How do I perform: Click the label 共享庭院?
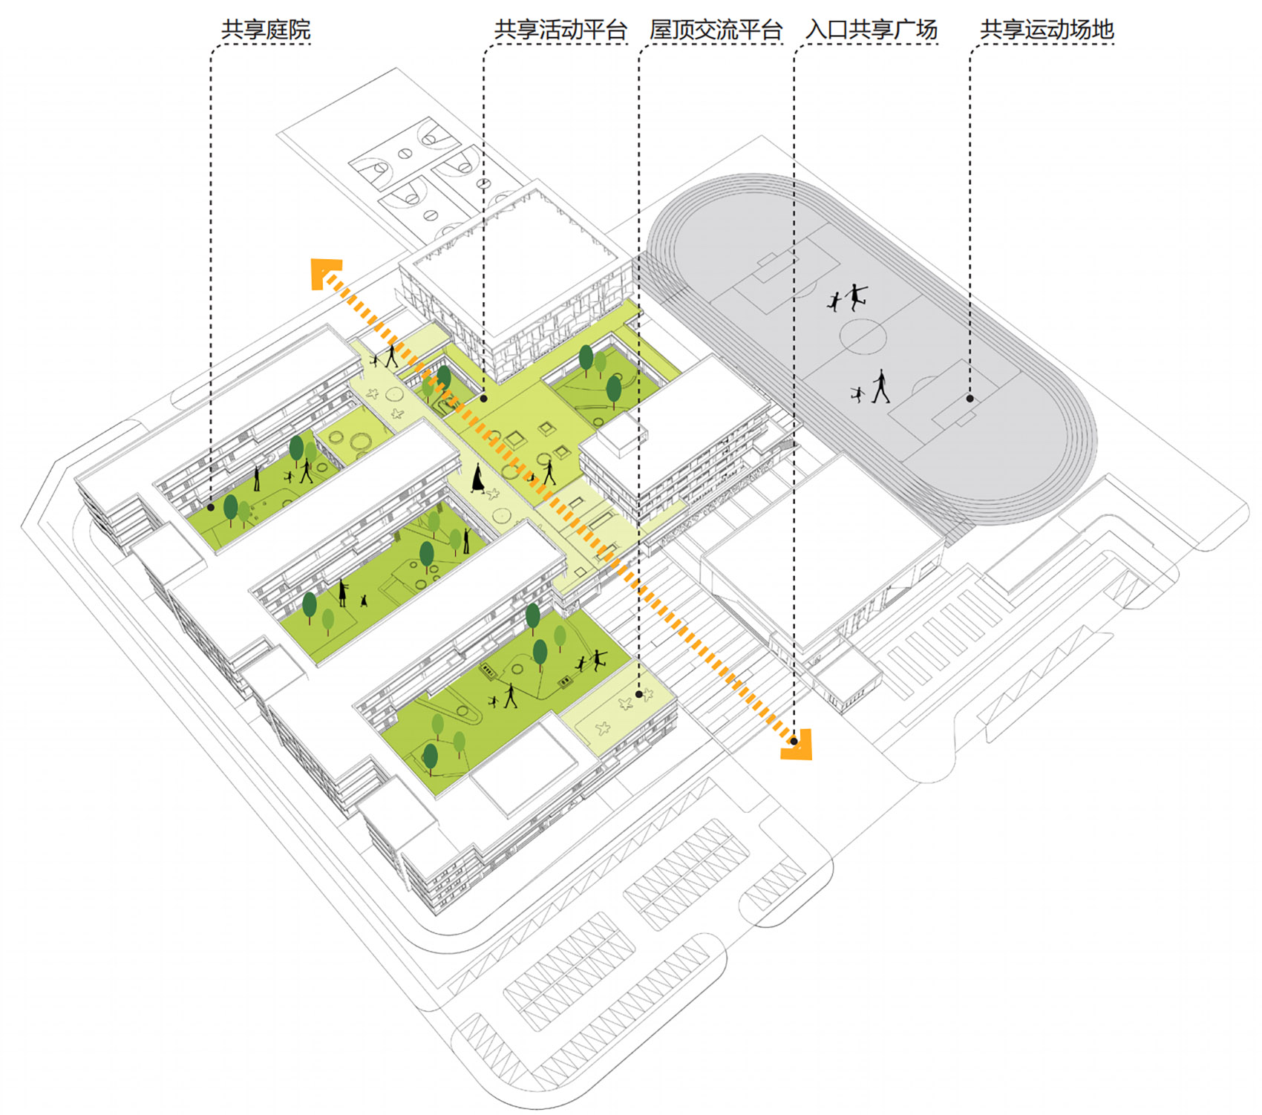tap(266, 30)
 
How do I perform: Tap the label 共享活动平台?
tap(560, 30)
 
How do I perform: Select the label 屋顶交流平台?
tap(716, 30)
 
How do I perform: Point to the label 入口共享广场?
tap(872, 30)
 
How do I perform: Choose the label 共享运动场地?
tap(1047, 30)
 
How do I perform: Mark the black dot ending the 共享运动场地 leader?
tap(970, 399)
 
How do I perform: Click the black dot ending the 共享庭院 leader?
tap(211, 507)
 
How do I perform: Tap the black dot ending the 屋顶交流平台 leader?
tap(638, 694)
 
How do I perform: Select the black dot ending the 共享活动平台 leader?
tap(483, 399)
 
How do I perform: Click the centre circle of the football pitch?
tap(863, 336)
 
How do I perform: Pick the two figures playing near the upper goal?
tap(849, 298)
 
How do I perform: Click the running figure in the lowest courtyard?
tap(598, 659)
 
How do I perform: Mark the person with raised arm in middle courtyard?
tap(466, 540)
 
